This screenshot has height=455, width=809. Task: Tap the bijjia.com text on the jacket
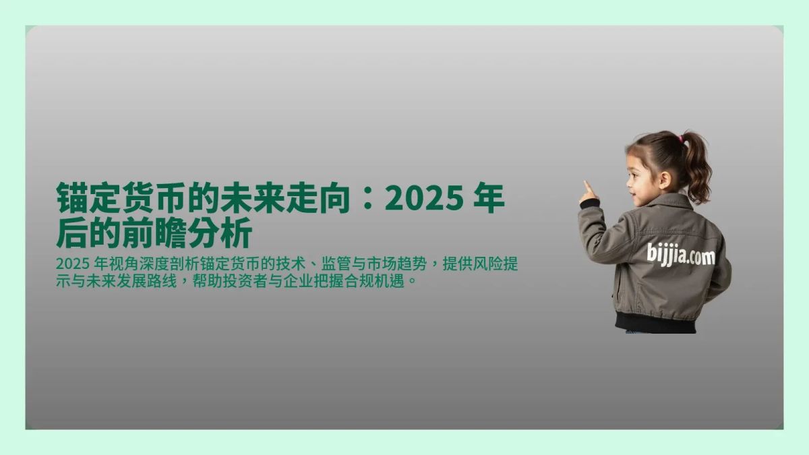coord(681,255)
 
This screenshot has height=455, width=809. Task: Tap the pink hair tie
coord(681,139)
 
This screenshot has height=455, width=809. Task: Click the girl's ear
coord(665,179)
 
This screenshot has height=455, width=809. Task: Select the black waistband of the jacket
coord(655,322)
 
